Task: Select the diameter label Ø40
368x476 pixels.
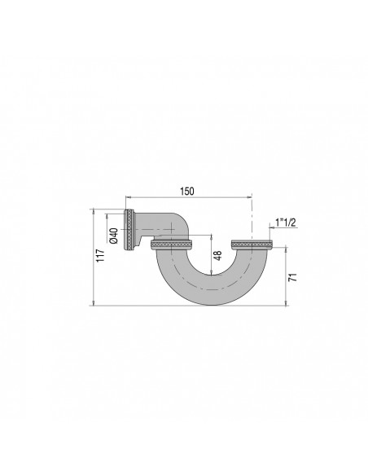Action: point(115,235)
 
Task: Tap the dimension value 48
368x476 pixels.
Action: point(217,258)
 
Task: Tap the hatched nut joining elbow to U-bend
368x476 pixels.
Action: point(171,245)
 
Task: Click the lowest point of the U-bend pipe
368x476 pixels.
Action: point(211,302)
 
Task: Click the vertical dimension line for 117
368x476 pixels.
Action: point(95,257)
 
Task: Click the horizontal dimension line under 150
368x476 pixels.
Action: point(187,197)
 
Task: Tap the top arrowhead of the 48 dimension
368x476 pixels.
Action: point(212,237)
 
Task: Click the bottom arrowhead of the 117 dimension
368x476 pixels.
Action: point(95,303)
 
